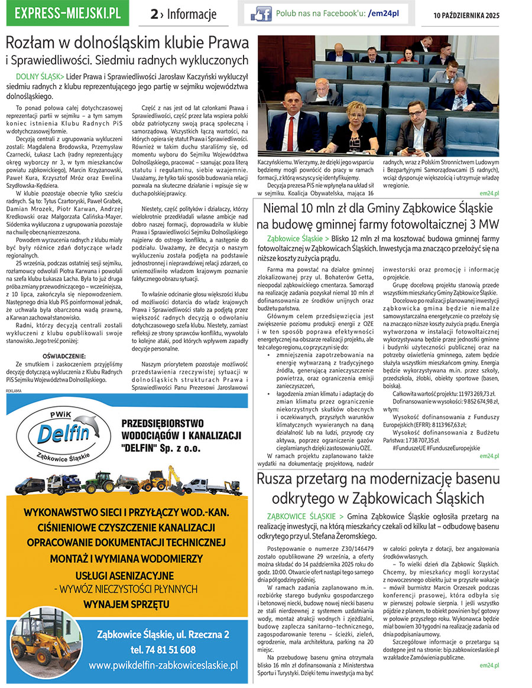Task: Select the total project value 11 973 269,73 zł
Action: tap(468, 409)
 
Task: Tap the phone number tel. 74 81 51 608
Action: tap(163, 650)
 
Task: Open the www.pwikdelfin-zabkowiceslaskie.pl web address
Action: tap(163, 666)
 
